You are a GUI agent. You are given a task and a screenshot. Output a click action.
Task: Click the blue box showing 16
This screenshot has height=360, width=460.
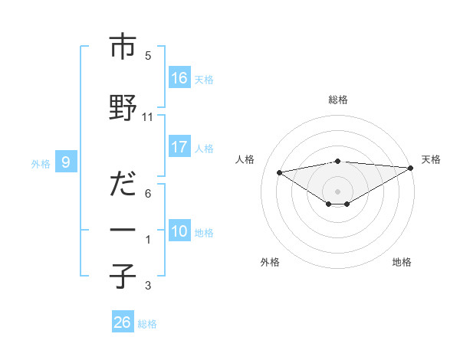[179, 78]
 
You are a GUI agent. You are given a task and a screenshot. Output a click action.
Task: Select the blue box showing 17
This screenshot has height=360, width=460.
[179, 147]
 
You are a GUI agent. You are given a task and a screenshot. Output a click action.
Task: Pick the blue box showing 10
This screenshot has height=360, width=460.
[179, 231]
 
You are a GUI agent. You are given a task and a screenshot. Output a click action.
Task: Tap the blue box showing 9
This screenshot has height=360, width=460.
[67, 162]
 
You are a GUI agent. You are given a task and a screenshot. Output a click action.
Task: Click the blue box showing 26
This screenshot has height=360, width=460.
[123, 322]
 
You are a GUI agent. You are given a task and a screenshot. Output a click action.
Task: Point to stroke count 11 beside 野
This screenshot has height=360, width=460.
[148, 117]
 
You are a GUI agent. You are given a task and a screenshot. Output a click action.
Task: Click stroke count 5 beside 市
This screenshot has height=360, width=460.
[148, 56]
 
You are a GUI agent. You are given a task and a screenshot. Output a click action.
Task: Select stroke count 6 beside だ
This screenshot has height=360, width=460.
[148, 194]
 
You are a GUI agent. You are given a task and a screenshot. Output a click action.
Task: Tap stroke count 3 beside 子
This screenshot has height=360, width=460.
[148, 286]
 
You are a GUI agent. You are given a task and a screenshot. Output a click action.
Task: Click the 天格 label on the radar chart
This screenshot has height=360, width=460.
[431, 159]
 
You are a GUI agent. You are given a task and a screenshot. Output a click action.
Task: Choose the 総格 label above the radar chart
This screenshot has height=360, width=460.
[337, 100]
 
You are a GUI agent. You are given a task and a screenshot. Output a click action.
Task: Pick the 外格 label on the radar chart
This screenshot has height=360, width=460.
[270, 262]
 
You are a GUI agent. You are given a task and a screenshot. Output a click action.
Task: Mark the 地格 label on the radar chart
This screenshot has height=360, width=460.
[402, 262]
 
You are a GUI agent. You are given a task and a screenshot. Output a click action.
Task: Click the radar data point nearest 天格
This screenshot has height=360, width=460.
[411, 167]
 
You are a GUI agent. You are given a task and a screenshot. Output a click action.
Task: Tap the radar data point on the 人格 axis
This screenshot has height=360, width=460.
[280, 172]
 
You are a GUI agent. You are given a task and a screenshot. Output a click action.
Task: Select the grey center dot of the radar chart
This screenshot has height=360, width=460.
[337, 190]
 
